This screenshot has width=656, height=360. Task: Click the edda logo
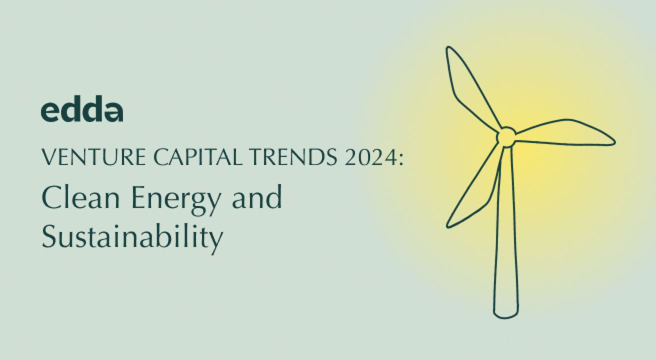[81, 110]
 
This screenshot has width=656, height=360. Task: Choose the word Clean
[81, 197]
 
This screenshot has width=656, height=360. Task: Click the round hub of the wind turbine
[506, 136]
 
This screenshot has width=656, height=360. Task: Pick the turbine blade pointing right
[565, 132]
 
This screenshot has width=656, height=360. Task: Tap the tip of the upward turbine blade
[449, 49]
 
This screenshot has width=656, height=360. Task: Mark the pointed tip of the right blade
[613, 142]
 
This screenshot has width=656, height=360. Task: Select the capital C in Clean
[50, 197]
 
